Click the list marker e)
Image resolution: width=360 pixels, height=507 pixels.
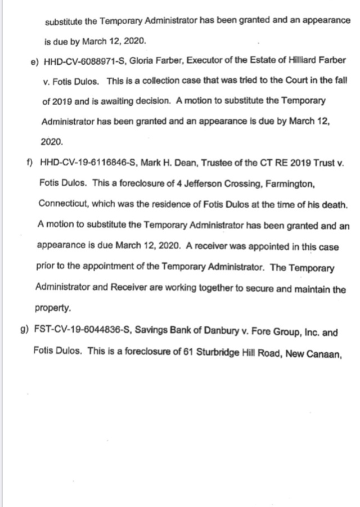point(33,60)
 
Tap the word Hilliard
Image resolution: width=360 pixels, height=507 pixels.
point(306,60)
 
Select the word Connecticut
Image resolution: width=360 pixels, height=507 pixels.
point(62,204)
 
